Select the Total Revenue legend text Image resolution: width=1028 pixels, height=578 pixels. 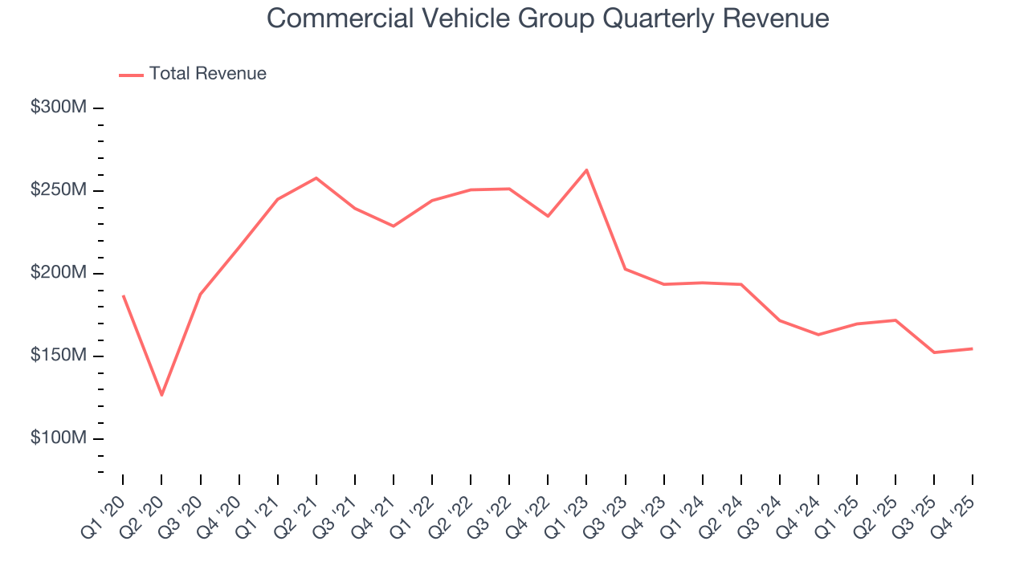[x=207, y=74]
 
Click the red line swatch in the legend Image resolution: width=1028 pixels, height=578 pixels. [x=131, y=75]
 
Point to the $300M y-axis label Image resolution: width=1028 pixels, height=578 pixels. [x=58, y=108]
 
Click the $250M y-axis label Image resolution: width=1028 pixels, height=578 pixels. [x=58, y=190]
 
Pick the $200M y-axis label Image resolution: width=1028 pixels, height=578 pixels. [x=58, y=273]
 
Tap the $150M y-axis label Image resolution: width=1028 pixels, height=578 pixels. [x=58, y=356]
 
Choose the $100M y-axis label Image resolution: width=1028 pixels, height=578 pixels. [x=58, y=438]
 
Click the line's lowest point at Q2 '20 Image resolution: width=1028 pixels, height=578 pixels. [x=161, y=395]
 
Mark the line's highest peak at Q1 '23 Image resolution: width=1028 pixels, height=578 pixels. [x=586, y=170]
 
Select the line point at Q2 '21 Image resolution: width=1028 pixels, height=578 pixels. [x=316, y=178]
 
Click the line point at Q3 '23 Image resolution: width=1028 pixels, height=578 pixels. [x=625, y=269]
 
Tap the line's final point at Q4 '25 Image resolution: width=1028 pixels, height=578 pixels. [x=972, y=348]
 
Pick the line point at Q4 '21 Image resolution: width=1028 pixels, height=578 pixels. [x=394, y=226]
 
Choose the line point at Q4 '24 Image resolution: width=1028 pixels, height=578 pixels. [x=818, y=335]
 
